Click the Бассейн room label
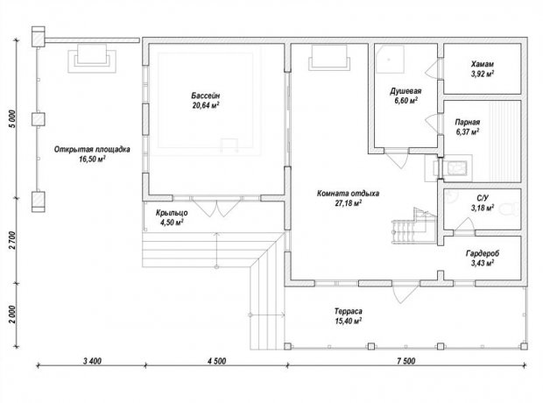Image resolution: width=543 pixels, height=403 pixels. point(205,95)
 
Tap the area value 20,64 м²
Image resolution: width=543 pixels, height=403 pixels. point(206,105)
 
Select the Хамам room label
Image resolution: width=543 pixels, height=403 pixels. point(482,64)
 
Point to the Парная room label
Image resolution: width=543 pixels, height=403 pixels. point(467,122)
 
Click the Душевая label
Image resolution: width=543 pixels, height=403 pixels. point(405,91)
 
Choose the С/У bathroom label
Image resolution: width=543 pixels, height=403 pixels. point(483,198)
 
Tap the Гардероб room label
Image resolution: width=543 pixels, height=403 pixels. point(483,253)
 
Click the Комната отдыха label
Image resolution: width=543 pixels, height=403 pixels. point(348,193)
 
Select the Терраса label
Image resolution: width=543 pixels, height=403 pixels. point(348,311)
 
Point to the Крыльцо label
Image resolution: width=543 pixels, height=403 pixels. point(172,213)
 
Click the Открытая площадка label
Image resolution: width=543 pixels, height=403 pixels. point(92,149)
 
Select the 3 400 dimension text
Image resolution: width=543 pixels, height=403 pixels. point(93,361)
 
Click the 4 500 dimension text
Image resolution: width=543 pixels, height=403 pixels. point(217,361)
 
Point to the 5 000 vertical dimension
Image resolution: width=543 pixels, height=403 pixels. point(12,119)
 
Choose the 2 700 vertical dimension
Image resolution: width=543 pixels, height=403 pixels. point(12,240)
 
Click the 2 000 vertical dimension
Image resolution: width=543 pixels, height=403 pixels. point(12,315)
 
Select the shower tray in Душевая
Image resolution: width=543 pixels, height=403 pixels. point(391,59)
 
